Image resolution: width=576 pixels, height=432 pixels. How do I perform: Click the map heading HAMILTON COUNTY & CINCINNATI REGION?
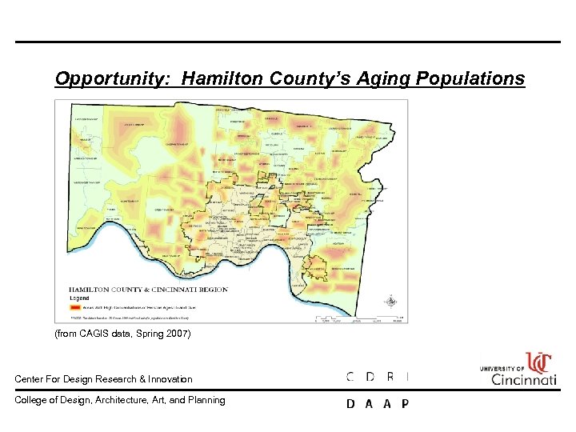148,290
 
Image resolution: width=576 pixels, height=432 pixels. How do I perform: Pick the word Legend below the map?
80,298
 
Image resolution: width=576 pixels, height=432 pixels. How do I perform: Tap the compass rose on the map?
390,302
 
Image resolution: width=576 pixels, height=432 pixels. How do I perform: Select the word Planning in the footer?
207,400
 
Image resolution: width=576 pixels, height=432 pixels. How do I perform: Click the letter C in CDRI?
350,377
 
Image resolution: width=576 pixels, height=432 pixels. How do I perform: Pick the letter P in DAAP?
405,404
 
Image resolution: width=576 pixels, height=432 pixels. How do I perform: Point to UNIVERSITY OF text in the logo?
502,369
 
